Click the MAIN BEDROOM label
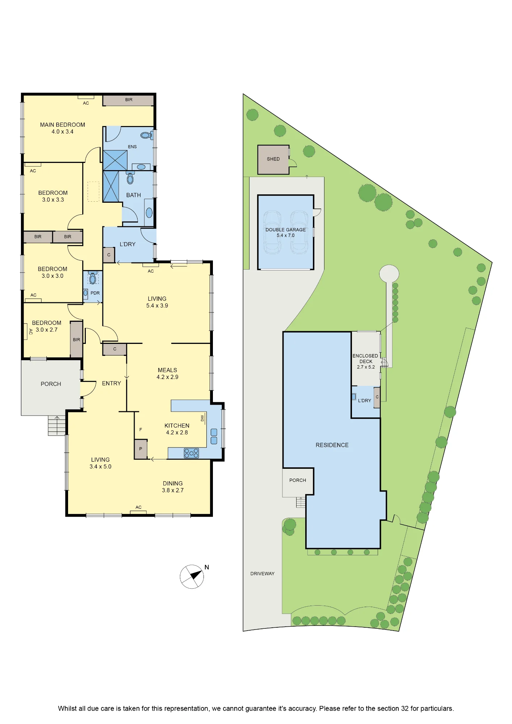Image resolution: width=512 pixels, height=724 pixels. click(x=63, y=125)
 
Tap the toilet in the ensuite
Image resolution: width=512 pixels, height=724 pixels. click(x=147, y=135)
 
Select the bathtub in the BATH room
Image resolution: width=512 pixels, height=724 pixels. click(x=149, y=212)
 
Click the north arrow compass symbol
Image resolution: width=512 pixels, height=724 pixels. click(x=192, y=576)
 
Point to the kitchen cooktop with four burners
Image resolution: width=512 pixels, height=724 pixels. click(x=191, y=453)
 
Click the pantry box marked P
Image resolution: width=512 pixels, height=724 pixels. click(x=140, y=449)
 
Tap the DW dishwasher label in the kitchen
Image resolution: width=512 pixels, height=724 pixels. click(x=202, y=418)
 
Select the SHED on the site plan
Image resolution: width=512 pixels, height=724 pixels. click(x=273, y=160)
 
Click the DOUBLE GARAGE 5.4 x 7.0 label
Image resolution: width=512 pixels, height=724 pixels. click(x=286, y=232)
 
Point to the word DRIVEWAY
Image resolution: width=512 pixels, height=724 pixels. click(x=263, y=573)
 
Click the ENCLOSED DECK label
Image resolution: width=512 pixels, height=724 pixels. click(x=366, y=358)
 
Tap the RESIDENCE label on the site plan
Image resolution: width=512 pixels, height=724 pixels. click(x=332, y=445)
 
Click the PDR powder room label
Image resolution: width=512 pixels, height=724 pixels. click(x=95, y=293)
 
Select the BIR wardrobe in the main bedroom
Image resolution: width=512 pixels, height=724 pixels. click(x=129, y=100)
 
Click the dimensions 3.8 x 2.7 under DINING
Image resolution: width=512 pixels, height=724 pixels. click(x=173, y=490)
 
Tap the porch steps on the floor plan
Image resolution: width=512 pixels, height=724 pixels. click(x=57, y=425)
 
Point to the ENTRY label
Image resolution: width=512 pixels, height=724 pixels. click(x=112, y=383)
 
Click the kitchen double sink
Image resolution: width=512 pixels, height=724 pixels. click(x=214, y=436)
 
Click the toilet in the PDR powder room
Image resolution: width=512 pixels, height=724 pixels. click(x=93, y=278)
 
